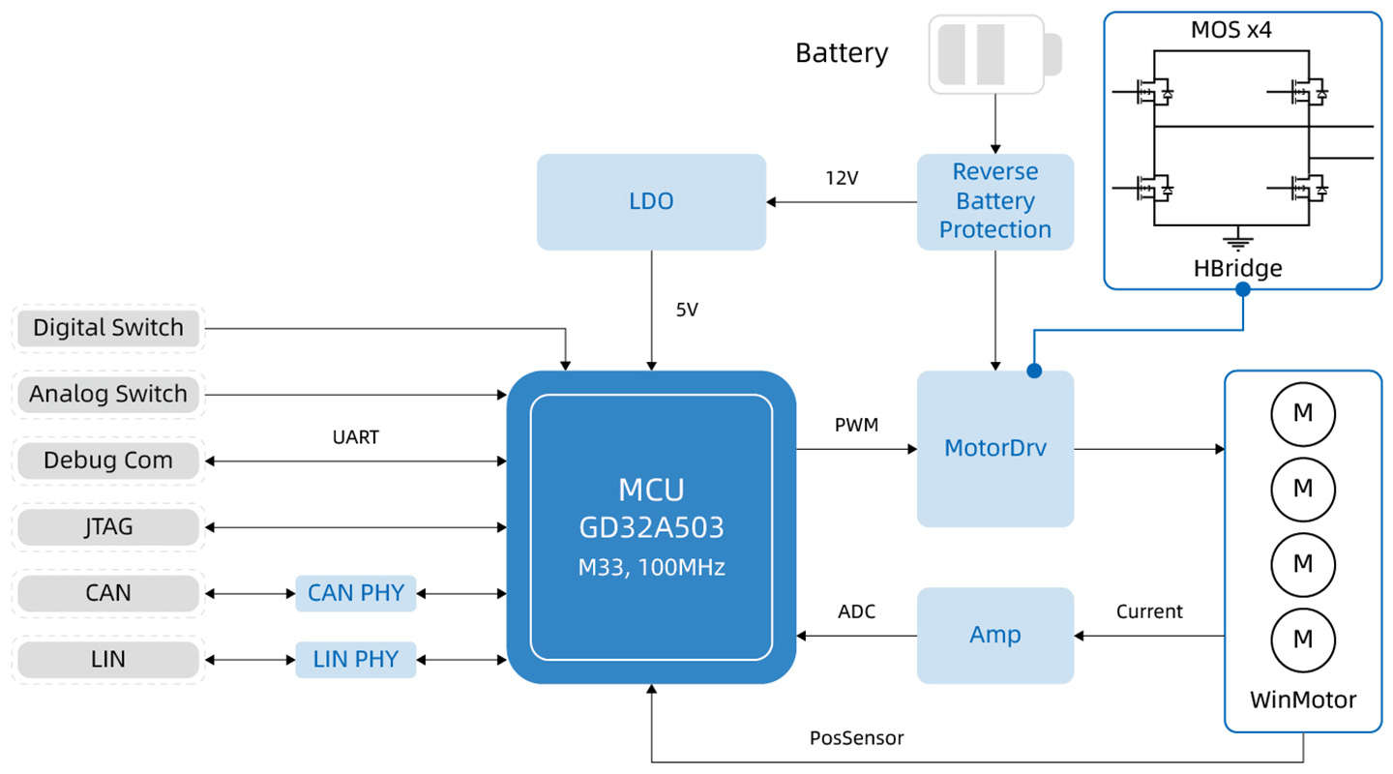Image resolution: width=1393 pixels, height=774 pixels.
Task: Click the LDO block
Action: click(651, 201)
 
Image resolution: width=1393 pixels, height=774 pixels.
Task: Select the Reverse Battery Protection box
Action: click(995, 201)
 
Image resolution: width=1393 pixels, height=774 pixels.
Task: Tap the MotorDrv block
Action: click(995, 449)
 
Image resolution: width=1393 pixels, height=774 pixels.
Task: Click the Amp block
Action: click(995, 636)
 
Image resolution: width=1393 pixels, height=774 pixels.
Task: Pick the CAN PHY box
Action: click(356, 593)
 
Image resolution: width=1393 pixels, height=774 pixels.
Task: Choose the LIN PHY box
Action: click(356, 660)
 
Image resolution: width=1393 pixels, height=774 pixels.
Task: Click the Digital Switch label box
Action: click(108, 328)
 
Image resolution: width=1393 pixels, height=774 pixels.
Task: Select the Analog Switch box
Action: click(108, 395)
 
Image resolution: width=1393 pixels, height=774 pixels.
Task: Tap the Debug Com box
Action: click(108, 461)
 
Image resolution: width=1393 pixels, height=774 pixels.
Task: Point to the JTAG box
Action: click(108, 527)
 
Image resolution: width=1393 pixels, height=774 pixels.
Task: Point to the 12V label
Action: click(842, 179)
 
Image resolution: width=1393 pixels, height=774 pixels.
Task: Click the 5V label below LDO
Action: click(687, 310)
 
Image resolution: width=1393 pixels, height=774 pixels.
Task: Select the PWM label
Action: click(856, 425)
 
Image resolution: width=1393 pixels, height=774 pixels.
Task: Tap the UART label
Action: click(356, 437)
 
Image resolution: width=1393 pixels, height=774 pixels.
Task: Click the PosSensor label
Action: click(856, 738)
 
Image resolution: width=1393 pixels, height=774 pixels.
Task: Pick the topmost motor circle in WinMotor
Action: click(1303, 414)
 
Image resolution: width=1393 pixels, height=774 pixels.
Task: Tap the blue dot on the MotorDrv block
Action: click(1034, 371)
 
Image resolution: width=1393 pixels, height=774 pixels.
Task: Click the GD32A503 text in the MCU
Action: click(651, 527)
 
